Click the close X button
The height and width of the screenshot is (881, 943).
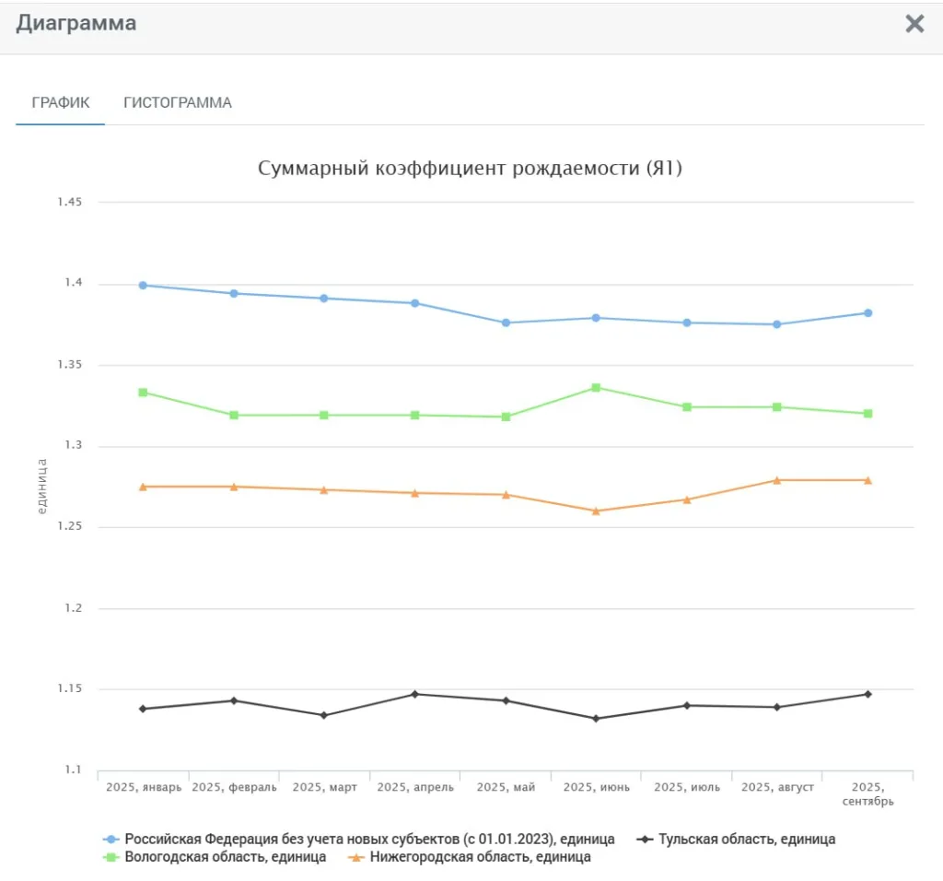(914, 24)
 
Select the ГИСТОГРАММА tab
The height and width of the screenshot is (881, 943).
(178, 102)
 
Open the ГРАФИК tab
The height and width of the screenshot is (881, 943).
(61, 102)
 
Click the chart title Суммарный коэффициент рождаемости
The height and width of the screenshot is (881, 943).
(470, 169)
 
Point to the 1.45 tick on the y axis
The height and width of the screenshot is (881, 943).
(69, 203)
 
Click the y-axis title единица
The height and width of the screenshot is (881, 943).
(41, 486)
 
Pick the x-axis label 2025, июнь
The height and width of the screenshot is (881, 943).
(597, 788)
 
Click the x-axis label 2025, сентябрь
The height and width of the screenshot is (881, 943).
(867, 794)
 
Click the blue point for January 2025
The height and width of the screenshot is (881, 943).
(143, 286)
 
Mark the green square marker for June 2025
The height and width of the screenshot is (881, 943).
(597, 388)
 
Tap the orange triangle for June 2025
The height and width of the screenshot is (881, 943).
(597, 511)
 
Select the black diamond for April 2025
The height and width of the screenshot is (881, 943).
(415, 694)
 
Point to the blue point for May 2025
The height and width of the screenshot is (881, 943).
(506, 323)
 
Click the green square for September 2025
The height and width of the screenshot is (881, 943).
(867, 414)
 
